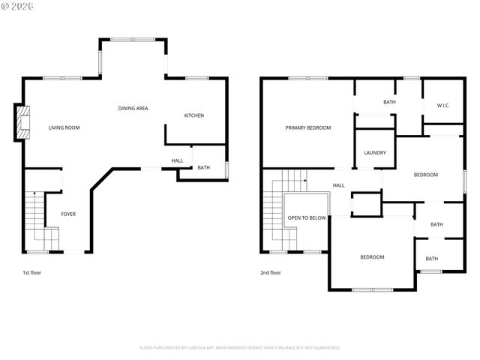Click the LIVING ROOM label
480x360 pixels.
point(64,127)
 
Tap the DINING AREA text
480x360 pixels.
point(133,108)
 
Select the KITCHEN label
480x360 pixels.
point(194,115)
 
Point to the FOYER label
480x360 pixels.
point(68,214)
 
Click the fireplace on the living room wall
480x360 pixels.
point(22,122)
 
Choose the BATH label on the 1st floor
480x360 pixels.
point(204,167)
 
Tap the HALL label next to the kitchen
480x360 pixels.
point(177,160)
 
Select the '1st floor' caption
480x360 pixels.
point(31,273)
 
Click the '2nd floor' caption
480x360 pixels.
point(270,273)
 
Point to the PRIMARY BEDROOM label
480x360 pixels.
point(307,127)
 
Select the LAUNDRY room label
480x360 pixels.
point(375,153)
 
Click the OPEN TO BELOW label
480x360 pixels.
point(307,218)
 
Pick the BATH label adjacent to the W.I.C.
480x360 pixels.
point(389,102)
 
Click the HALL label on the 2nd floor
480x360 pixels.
point(338,185)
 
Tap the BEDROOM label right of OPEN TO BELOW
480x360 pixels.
point(372,257)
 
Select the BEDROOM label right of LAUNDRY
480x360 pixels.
point(426,175)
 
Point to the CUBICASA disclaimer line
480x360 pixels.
point(240,348)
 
